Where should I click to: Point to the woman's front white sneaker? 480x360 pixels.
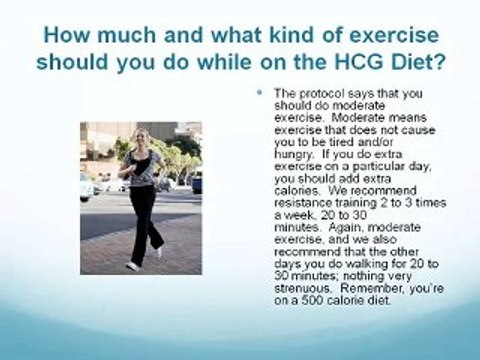(132, 265)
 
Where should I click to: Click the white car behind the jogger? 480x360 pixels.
(88, 186)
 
